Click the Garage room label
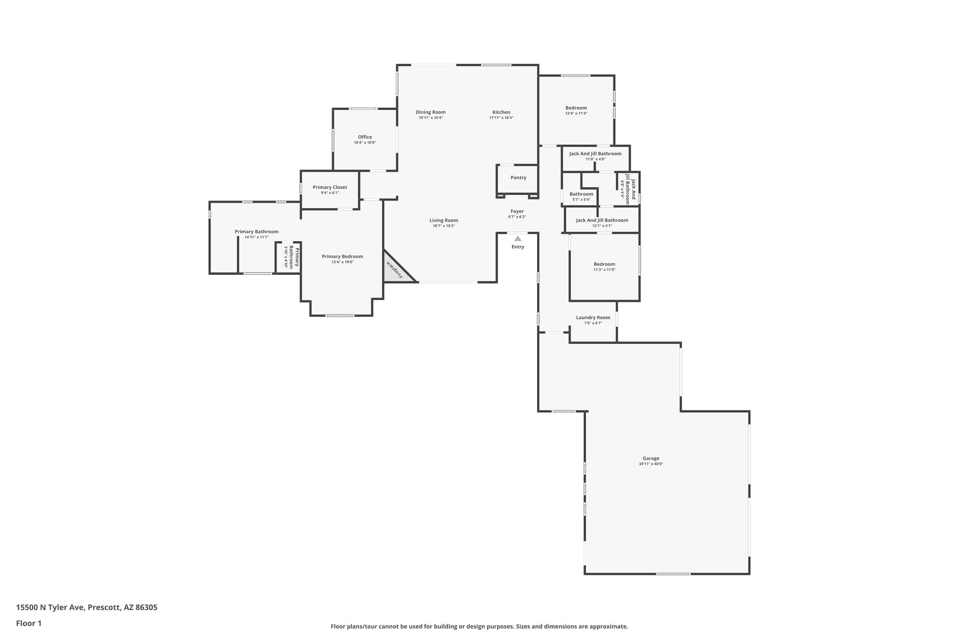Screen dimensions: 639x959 tap(651, 458)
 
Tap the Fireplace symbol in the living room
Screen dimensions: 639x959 tap(396, 271)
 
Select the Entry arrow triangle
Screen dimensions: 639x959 tap(517, 238)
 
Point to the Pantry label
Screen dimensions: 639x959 tap(518, 177)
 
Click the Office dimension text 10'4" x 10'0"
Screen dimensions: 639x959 tap(365, 143)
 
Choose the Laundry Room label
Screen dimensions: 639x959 tap(593, 317)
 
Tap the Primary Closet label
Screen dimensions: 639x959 tap(330, 187)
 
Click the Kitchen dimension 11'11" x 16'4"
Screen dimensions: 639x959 tap(501, 118)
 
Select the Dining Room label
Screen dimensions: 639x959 tap(430, 112)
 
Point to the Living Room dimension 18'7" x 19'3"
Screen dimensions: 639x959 tap(443, 226)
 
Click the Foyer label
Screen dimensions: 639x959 tap(517, 211)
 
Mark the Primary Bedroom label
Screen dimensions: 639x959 tap(342, 256)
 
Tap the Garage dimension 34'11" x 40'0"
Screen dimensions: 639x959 tap(651, 464)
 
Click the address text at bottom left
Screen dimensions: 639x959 tap(87, 608)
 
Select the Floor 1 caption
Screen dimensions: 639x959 tap(29, 623)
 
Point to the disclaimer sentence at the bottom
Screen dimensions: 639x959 tap(479, 626)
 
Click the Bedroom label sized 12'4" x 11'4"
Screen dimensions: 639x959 tap(576, 108)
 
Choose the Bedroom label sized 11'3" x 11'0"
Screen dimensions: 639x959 tap(604, 264)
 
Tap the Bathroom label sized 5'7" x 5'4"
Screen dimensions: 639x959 tap(581, 194)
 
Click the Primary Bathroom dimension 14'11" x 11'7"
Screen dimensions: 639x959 tap(256, 237)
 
